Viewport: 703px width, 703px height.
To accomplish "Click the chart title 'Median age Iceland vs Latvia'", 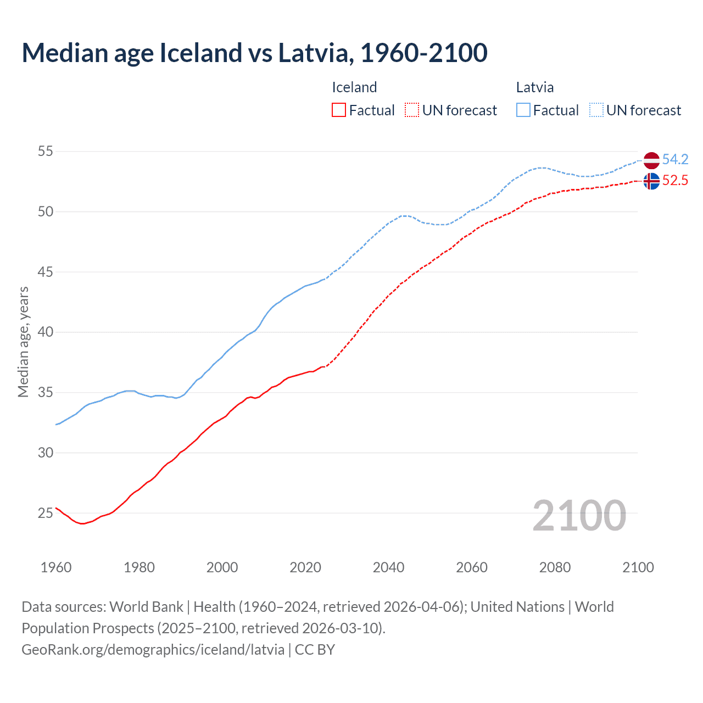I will (254, 53).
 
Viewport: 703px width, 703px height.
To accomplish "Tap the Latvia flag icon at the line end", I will (651, 160).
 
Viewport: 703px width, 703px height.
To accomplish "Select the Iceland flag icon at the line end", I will (651, 181).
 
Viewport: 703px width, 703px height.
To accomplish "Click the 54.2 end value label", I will (675, 159).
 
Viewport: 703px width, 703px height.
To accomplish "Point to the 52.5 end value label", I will (675, 180).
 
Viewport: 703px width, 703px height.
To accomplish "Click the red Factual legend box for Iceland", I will (339, 110).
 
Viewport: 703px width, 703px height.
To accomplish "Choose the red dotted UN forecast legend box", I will (412, 110).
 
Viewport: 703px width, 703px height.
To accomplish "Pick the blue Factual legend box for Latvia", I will (523, 110).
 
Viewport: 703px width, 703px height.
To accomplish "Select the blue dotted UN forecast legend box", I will (596, 110).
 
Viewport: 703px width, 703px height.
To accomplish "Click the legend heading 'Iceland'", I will (354, 87).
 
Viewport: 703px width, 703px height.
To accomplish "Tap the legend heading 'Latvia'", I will (534, 87).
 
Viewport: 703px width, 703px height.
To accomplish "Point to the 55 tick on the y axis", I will (45, 151).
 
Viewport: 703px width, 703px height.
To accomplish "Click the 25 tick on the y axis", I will (45, 513).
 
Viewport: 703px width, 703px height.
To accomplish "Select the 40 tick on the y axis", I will (45, 332).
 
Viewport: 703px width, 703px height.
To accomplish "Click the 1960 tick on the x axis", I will (56, 567).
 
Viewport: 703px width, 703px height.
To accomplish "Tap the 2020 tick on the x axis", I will (305, 567).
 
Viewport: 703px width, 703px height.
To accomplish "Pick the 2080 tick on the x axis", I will (555, 567).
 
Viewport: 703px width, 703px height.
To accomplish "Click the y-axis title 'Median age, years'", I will (23, 342).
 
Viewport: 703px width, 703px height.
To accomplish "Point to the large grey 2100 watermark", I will (579, 515).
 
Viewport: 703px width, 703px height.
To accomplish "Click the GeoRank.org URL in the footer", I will (153, 649).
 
